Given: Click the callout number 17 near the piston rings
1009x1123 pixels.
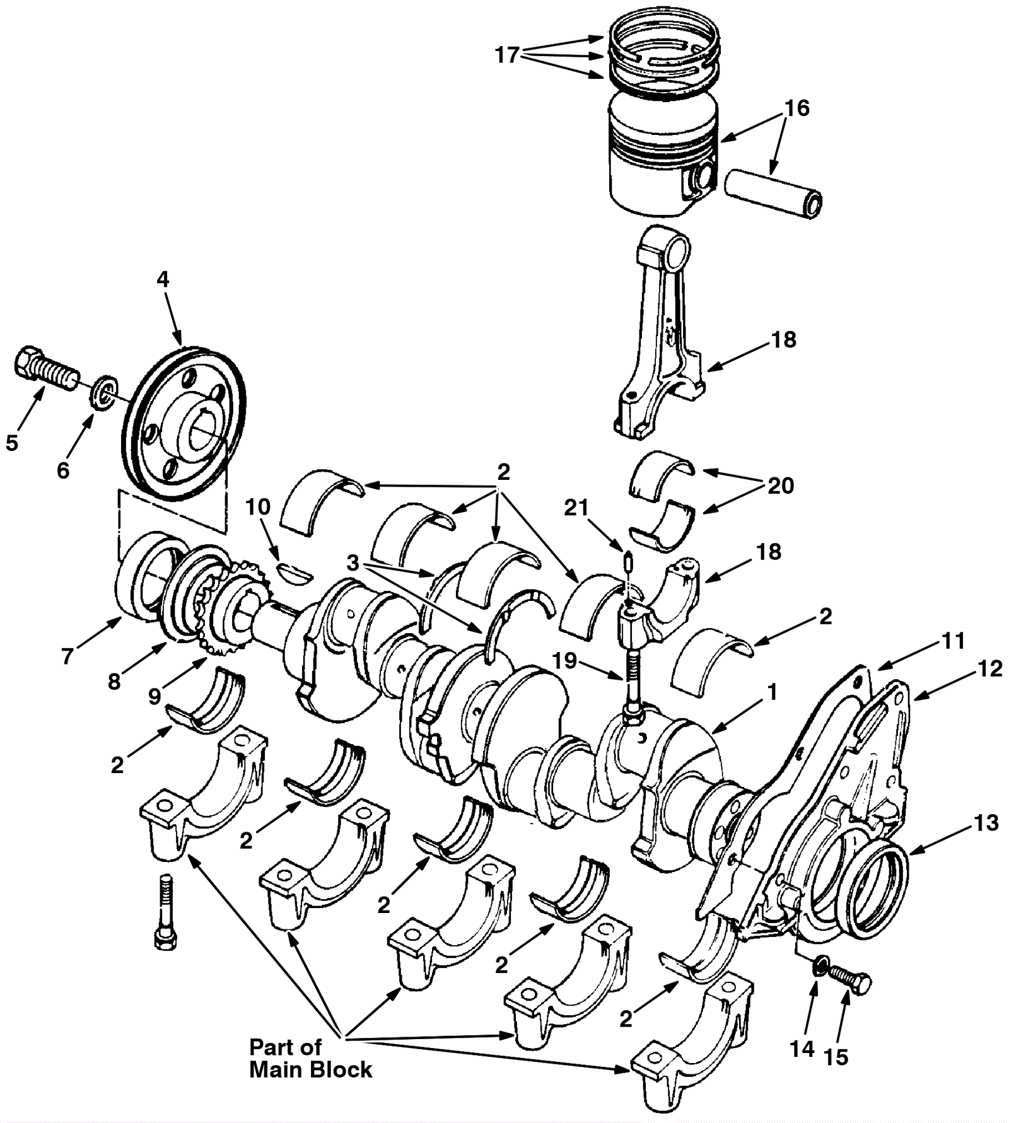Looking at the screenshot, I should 506,55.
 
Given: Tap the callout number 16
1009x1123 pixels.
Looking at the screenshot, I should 796,108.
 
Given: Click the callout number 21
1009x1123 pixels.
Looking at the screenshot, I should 576,508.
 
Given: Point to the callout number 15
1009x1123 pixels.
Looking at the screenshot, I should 836,1056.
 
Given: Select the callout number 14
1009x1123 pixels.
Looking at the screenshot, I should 802,1049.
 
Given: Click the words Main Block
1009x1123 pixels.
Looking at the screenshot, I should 311,1069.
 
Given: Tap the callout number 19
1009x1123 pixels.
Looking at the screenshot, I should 564,660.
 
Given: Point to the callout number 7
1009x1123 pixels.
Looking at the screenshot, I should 67,656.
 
